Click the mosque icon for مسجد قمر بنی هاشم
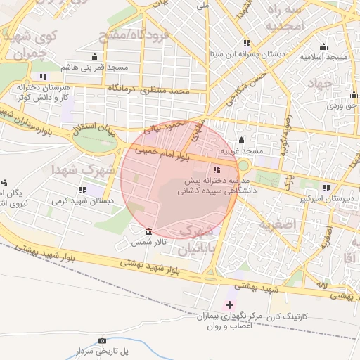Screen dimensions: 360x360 (x=95, y=56)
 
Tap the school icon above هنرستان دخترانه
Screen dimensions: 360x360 (x=44, y=76)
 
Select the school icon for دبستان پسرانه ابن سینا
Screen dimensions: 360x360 (x=245, y=43)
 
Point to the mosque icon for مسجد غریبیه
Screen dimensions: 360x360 (x=242, y=140)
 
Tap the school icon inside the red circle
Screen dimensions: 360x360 (x=215, y=169)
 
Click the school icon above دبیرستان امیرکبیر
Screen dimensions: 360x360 (x=326, y=188)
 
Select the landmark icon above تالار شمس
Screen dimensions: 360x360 (x=148, y=231)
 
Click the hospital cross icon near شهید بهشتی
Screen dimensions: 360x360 (x=229, y=304)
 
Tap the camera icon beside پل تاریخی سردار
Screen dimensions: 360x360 (x=103, y=340)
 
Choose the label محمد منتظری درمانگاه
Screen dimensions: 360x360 (x=149, y=89)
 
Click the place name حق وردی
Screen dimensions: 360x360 (x=342, y=105)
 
